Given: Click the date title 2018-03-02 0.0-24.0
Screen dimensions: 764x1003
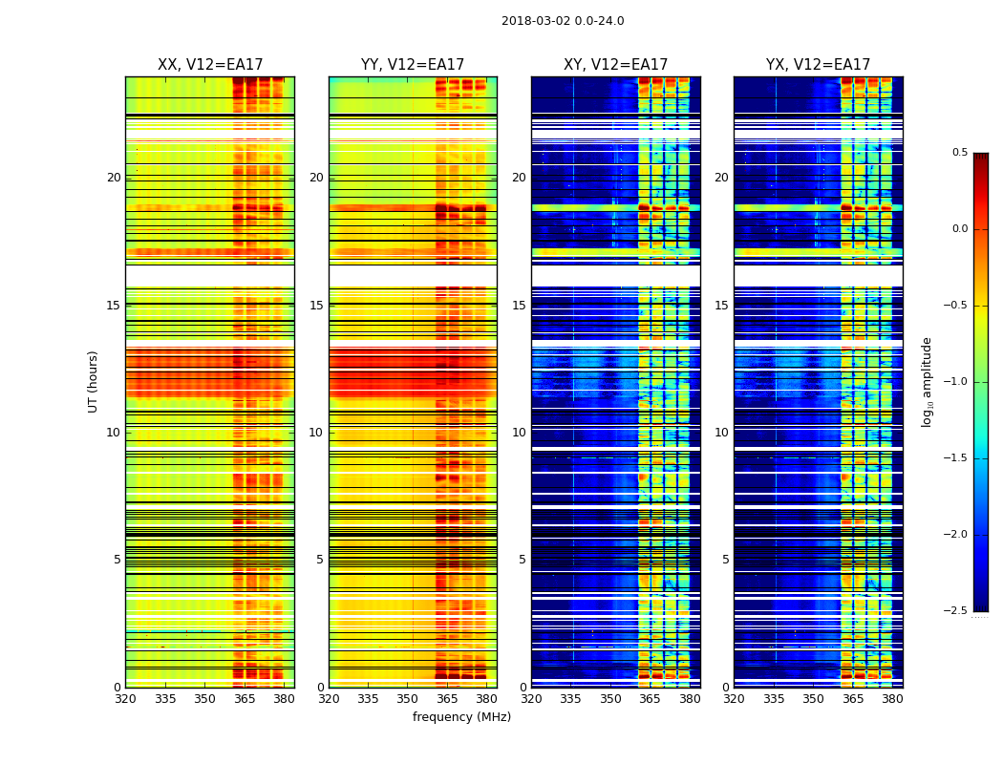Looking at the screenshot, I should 563,21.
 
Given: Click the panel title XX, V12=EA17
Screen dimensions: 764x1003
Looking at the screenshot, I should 210,65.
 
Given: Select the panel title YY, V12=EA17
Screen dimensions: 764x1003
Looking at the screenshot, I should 413,65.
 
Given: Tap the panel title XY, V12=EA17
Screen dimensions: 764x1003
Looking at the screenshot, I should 615,65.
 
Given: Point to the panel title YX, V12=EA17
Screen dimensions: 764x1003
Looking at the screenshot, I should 818,65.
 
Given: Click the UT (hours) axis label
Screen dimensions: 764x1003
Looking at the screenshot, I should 93,381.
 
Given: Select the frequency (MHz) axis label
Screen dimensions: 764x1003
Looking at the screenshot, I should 461,717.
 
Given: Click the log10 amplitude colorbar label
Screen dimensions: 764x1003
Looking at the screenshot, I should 927,381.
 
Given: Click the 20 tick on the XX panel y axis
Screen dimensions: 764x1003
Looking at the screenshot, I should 114,178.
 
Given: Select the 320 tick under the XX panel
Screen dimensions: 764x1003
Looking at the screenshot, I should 125,699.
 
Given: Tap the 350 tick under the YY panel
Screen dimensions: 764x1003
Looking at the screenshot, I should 408,699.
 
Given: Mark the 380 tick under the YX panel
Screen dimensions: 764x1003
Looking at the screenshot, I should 892,699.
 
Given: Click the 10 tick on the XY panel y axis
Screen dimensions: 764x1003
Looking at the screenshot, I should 519,433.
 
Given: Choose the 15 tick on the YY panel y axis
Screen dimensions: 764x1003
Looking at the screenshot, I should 316,306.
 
